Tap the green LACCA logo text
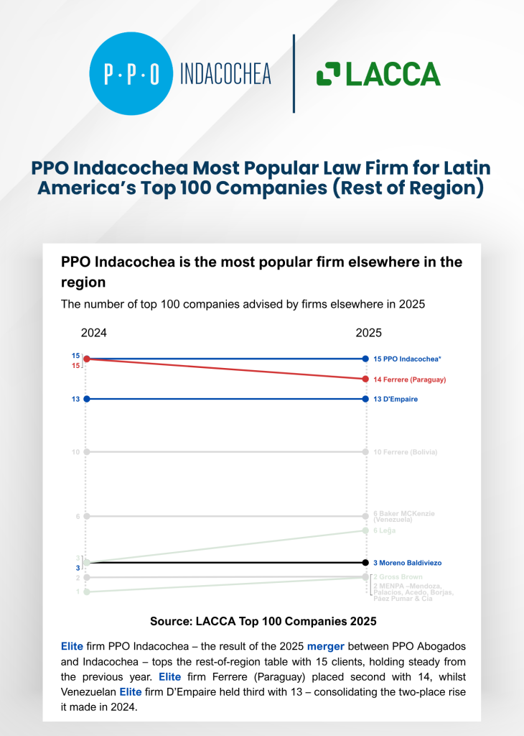coord(378,74)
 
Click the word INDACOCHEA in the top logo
coord(225,74)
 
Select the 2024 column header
coord(94,333)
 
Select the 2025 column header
coord(369,333)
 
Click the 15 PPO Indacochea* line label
coord(408,359)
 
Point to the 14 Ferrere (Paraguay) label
coord(410,379)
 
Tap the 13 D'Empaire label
coord(396,399)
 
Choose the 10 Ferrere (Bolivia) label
coord(405,452)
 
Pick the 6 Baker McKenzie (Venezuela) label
coord(404,516)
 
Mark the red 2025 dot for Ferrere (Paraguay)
coord(366,379)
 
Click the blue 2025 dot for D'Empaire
coord(366,399)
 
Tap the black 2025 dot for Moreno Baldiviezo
coord(366,563)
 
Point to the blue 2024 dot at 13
coord(87,399)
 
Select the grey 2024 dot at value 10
coord(87,452)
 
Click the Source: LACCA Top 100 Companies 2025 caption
coord(263,620)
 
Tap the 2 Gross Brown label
coord(398,577)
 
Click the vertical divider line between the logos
coord(294,73)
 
